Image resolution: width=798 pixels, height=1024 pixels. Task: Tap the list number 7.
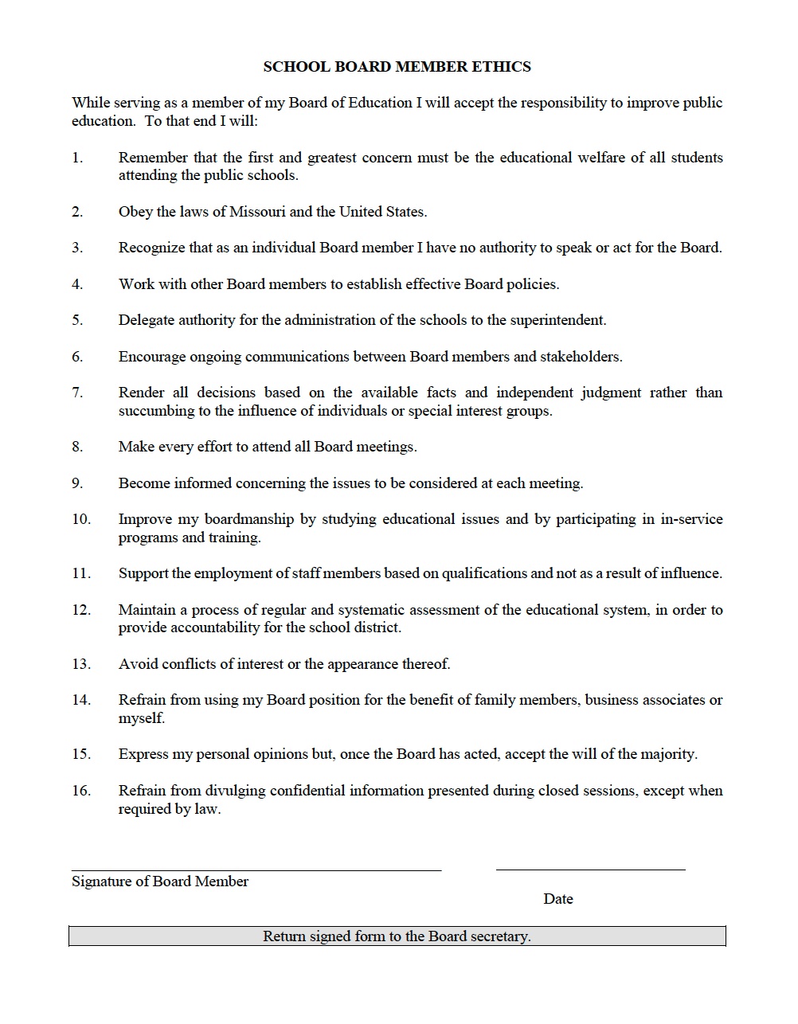click(77, 393)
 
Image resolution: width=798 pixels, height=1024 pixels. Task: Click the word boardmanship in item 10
click(248, 519)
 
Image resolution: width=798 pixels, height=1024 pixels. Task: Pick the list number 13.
click(81, 664)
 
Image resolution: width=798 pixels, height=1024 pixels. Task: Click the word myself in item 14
click(140, 718)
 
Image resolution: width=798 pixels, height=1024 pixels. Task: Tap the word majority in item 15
click(667, 754)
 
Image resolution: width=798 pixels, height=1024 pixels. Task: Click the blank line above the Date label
click(590, 870)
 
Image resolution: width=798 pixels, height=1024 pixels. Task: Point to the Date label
click(558, 899)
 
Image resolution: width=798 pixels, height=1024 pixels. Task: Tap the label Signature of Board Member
click(160, 881)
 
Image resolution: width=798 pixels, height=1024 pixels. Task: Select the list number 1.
click(77, 158)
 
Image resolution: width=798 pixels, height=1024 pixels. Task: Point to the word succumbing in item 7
click(155, 411)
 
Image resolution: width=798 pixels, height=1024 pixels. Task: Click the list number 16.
click(81, 791)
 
